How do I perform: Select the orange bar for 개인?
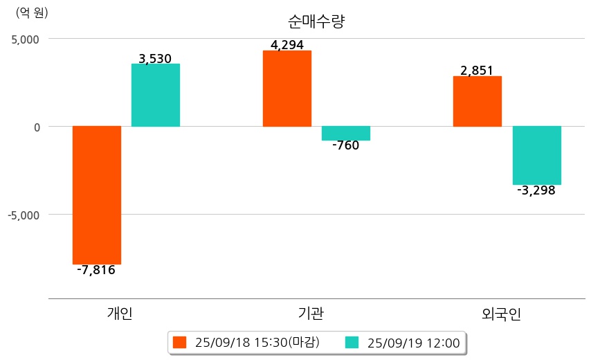pyautogui.click(x=97, y=195)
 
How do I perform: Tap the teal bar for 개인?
pyautogui.click(x=156, y=95)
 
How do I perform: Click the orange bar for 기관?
pyautogui.click(x=287, y=88)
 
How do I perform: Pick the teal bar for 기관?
pyautogui.click(x=346, y=133)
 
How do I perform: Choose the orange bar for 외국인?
pyautogui.click(x=477, y=101)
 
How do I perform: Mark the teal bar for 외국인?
pyautogui.click(x=536, y=155)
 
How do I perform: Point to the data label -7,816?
pyautogui.click(x=96, y=270)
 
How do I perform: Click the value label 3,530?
pyautogui.click(x=155, y=59)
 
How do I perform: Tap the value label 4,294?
pyautogui.click(x=287, y=46)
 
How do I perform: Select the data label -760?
pyautogui.click(x=345, y=145)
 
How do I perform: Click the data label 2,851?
pyautogui.click(x=477, y=71)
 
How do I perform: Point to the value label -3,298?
pyautogui.click(x=536, y=190)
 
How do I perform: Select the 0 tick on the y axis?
pyautogui.click(x=37, y=127)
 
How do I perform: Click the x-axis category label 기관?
pyautogui.click(x=307, y=314)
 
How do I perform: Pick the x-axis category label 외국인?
pyautogui.click(x=502, y=314)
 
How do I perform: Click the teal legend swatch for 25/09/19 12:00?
pyautogui.click(x=352, y=342)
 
